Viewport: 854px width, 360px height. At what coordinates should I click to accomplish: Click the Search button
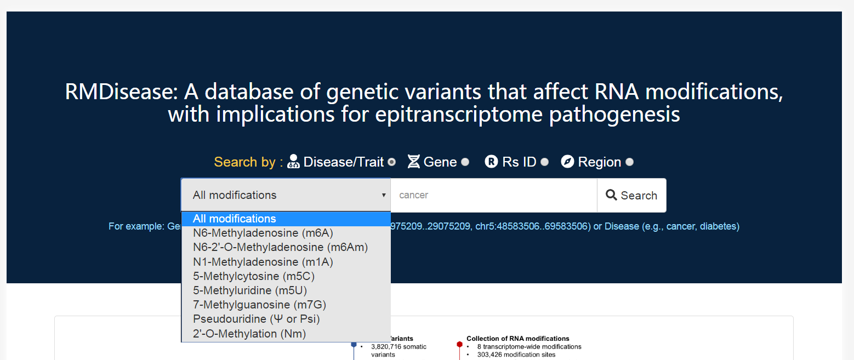click(631, 195)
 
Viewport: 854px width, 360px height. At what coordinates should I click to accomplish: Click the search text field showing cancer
click(494, 195)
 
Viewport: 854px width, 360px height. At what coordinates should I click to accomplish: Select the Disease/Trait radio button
click(391, 162)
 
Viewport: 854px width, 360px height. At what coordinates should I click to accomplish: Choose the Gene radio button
click(465, 162)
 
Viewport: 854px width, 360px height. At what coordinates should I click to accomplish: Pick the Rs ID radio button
click(544, 162)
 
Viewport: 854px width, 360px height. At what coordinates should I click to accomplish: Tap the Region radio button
click(629, 162)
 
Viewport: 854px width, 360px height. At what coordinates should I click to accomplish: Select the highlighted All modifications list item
click(286, 219)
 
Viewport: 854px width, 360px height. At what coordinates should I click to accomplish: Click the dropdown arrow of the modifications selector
click(384, 195)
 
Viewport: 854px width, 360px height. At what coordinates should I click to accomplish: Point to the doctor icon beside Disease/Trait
click(293, 162)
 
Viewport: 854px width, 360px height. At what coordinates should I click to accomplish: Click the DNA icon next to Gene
click(414, 162)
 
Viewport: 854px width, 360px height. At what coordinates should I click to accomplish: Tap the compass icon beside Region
click(567, 162)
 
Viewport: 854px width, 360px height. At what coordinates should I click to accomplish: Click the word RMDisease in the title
click(122, 92)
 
